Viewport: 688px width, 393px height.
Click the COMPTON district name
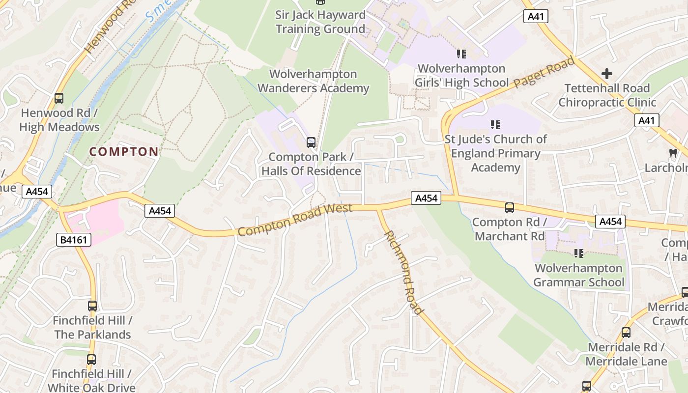coord(124,152)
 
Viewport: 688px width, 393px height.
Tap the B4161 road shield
coord(74,240)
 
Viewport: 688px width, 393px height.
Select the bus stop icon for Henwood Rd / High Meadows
coord(59,98)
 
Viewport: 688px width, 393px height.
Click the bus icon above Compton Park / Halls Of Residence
coord(311,142)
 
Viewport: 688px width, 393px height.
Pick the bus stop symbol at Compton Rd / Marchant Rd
coord(510,208)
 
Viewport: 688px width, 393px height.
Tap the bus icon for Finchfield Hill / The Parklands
coord(92,306)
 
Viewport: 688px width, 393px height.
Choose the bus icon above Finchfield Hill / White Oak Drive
coord(91,360)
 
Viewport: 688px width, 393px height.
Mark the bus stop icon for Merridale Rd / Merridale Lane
coord(626,333)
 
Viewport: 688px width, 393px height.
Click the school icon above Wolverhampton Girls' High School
coord(461,54)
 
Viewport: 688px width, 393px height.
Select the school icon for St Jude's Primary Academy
coord(495,125)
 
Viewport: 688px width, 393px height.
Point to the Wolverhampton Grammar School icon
coord(579,253)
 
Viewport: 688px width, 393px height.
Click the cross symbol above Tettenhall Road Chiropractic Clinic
coord(607,74)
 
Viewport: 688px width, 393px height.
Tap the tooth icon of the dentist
coord(673,153)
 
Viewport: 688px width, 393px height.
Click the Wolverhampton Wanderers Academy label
coord(314,81)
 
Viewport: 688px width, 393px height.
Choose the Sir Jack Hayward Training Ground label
coord(320,22)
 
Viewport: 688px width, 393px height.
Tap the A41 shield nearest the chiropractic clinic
coord(646,120)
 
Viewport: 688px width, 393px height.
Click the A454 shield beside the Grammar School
coord(610,222)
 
